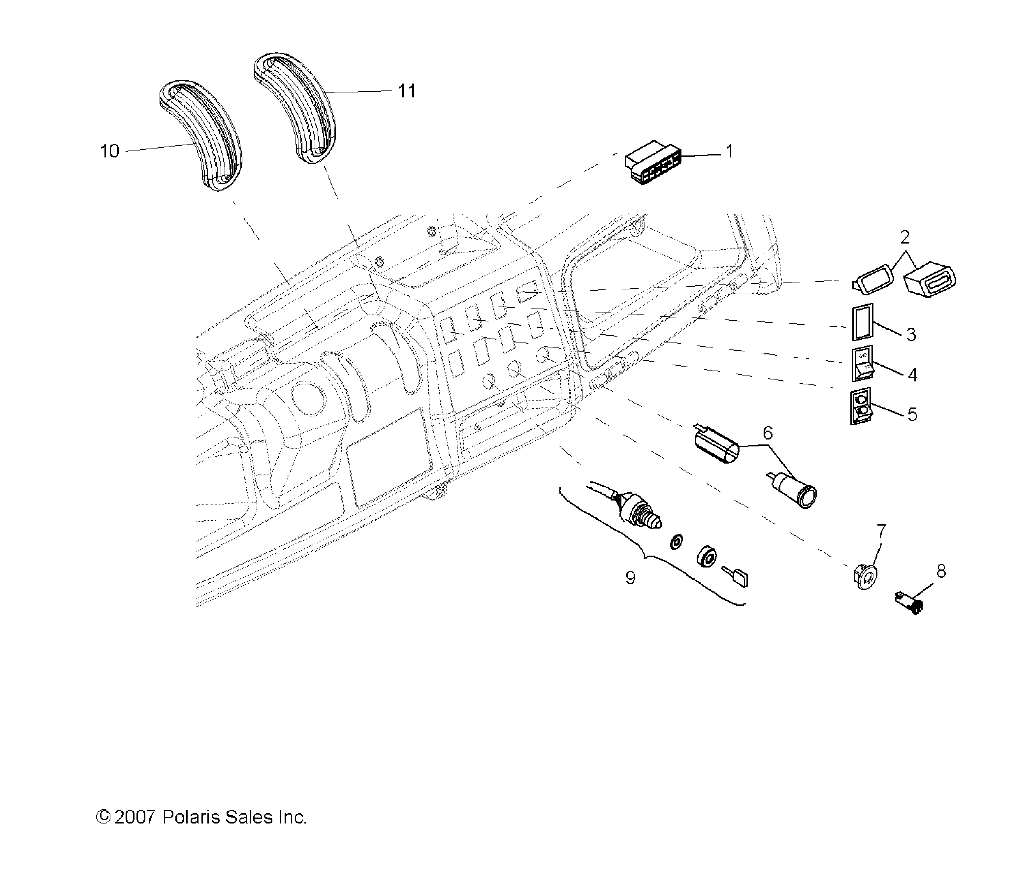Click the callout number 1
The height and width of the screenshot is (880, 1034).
point(729,152)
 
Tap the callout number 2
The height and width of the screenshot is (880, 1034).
point(904,237)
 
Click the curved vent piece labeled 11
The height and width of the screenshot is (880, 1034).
point(295,105)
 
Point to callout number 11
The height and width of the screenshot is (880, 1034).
point(406,91)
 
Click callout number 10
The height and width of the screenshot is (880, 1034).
point(109,151)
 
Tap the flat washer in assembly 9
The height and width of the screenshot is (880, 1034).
point(677,541)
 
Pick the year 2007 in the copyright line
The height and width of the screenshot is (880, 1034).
point(133,817)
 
